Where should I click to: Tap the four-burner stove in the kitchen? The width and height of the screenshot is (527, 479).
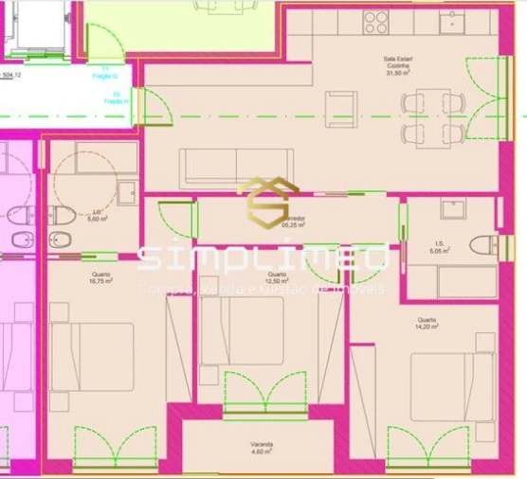(375, 22)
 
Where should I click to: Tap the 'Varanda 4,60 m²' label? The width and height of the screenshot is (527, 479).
(262, 449)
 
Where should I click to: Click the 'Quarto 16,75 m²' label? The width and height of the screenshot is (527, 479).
(98, 277)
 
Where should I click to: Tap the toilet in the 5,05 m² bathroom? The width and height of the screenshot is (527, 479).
(482, 245)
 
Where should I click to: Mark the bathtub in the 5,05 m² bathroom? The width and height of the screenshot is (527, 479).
(450, 282)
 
